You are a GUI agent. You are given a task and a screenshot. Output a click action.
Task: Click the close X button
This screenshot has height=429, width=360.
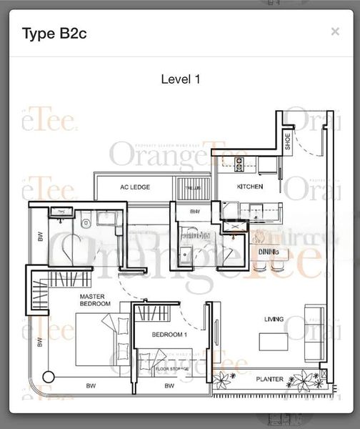tap(335, 31)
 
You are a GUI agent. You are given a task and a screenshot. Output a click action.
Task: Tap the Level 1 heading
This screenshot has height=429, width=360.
tap(179, 79)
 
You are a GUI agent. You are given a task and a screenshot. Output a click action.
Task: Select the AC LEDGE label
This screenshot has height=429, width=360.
tap(134, 187)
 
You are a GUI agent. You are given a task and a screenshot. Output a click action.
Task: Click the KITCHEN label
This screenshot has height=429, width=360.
tap(250, 187)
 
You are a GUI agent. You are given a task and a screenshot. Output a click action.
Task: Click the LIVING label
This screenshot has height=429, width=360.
tap(273, 319)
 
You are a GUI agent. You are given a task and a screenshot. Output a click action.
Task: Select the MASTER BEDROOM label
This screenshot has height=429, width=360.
tap(94, 300)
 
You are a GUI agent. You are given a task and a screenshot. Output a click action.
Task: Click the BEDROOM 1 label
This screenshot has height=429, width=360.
tap(169, 335)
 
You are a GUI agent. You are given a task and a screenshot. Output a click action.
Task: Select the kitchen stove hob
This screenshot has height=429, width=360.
tap(239, 162)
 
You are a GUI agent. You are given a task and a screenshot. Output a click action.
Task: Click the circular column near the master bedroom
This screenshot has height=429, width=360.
tap(49, 377)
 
